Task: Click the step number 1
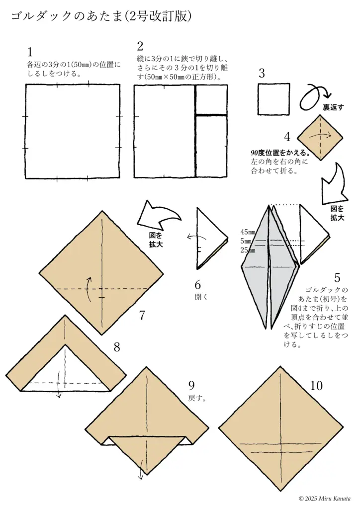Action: click(30, 52)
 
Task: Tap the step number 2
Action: click(140, 47)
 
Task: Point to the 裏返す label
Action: click(333, 107)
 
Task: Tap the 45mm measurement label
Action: click(247, 232)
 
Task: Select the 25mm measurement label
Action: click(247, 250)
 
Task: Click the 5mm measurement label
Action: click(247, 241)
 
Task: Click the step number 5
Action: click(337, 277)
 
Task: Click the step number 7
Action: click(142, 315)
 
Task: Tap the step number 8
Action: click(117, 347)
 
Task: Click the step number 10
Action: click(316, 386)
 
